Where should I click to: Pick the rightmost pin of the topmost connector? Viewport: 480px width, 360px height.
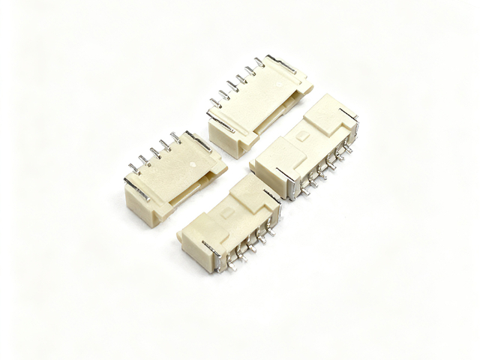pyautogui.click(x=259, y=61)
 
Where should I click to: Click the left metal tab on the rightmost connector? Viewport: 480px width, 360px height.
pyautogui.click(x=286, y=180)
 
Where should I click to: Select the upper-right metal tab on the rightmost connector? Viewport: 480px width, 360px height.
pyautogui.click(x=349, y=112)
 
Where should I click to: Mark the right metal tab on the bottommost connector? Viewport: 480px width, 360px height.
pyautogui.click(x=273, y=196)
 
